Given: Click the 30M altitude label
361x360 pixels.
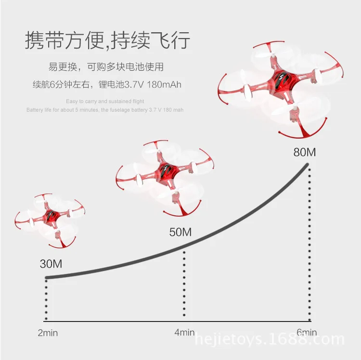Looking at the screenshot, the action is coord(51,264).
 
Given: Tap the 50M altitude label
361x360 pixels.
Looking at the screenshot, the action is coord(180,232).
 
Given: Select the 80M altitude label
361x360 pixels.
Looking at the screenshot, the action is coord(305,152).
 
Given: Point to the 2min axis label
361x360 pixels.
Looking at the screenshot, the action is coord(48,333).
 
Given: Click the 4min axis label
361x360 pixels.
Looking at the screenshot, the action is coord(184,333).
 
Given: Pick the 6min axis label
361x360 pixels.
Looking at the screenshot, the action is coord(307,333).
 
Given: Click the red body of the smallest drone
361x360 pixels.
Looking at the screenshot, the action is coord(51,216).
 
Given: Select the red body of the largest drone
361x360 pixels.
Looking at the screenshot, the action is coord(282,82).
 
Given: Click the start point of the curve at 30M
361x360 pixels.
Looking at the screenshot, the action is coord(47,278).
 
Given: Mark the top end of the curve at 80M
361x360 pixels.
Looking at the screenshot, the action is coord(307,164).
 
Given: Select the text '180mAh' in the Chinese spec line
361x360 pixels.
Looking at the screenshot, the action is coord(164,85).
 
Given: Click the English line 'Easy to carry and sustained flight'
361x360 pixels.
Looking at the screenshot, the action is coord(105,101).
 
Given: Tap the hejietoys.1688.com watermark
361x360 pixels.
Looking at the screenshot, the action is coord(270,339).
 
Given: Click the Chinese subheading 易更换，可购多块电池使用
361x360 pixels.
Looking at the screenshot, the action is coord(106,67).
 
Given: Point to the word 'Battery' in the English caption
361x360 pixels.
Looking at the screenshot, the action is coord(35,110).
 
